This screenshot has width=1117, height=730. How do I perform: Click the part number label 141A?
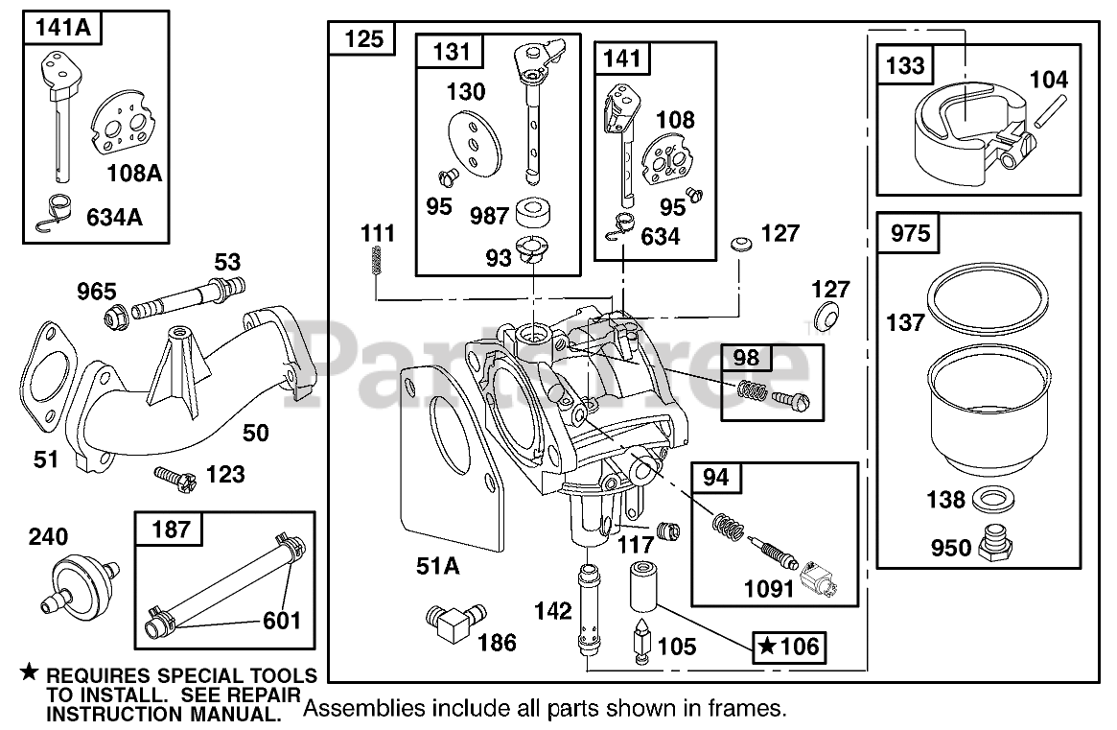(x=62, y=29)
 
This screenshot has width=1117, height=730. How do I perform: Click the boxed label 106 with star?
(x=789, y=647)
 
